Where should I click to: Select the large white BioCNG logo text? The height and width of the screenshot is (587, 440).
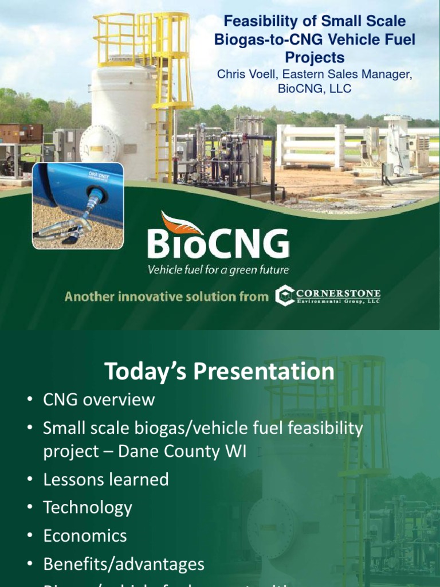click(x=218, y=243)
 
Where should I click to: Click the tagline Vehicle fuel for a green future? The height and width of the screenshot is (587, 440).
click(x=218, y=269)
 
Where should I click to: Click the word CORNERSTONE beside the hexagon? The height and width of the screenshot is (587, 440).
click(x=339, y=293)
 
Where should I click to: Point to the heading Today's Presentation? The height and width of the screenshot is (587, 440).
click(x=219, y=371)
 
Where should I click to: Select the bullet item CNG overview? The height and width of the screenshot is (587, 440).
click(x=99, y=399)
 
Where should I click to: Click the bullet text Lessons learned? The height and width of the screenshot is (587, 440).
click(x=106, y=479)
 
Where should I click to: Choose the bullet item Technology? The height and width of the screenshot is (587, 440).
click(x=88, y=507)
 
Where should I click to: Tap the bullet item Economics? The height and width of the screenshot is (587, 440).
click(x=85, y=536)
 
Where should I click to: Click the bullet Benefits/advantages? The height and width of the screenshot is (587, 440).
click(x=124, y=564)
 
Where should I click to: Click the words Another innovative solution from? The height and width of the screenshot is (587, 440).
click(x=166, y=296)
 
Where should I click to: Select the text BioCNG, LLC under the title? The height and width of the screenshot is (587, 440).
click(x=314, y=88)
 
